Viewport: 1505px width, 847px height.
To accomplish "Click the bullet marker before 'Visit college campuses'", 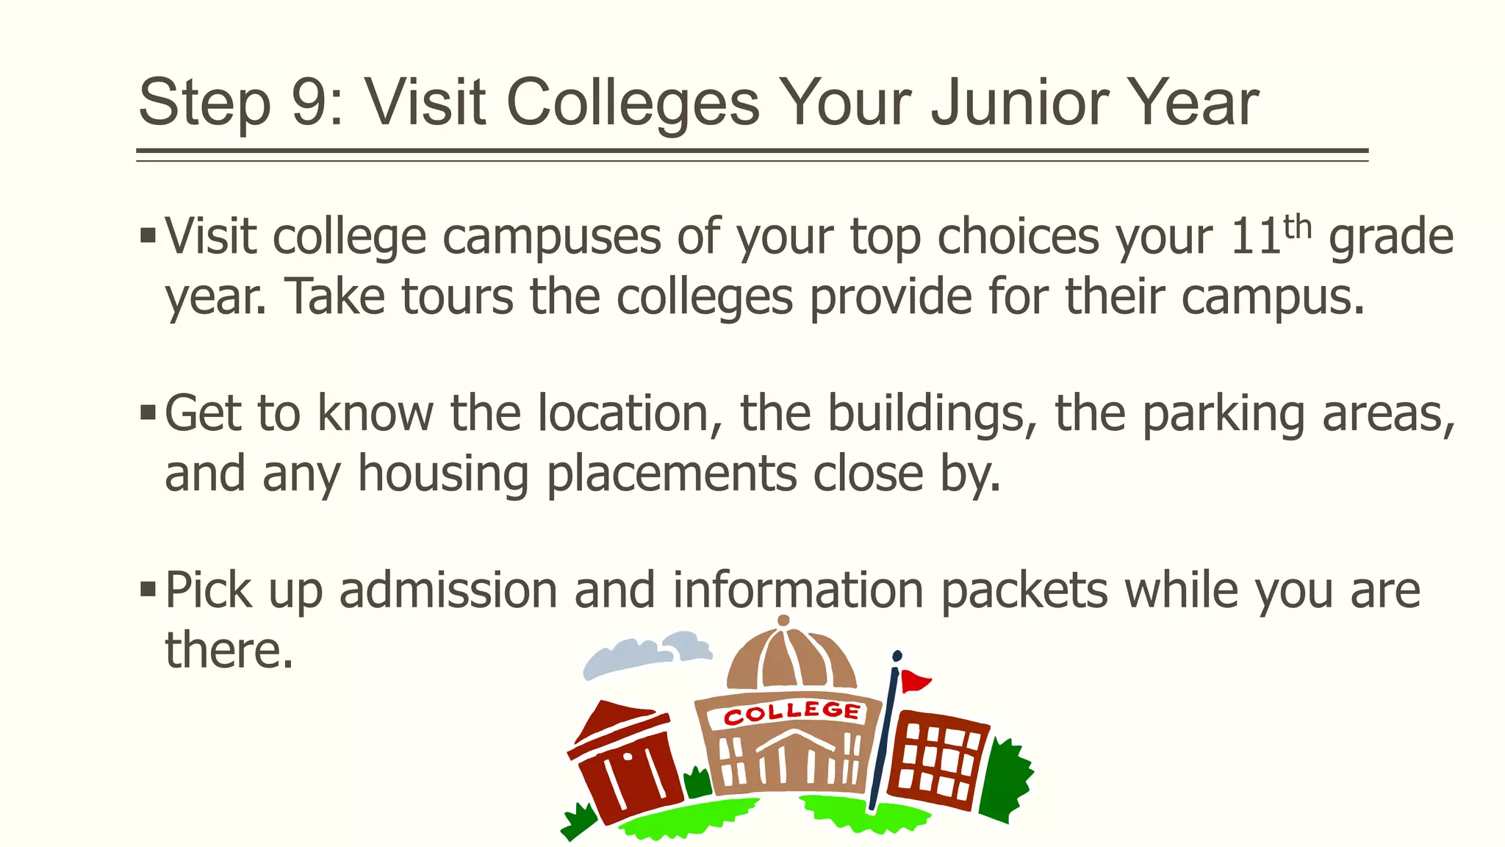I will (148, 237).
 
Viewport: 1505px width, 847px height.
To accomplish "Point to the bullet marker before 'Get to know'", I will (148, 412).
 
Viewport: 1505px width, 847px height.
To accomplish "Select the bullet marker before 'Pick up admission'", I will (148, 589).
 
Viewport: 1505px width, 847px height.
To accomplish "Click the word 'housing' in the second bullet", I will (443, 473).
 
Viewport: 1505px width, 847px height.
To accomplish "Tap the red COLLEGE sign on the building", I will (791, 712).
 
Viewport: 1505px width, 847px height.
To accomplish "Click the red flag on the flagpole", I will (914, 681).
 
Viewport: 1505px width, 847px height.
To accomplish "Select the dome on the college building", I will (790, 658).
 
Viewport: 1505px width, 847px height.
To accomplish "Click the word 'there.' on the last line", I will (229, 651).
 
